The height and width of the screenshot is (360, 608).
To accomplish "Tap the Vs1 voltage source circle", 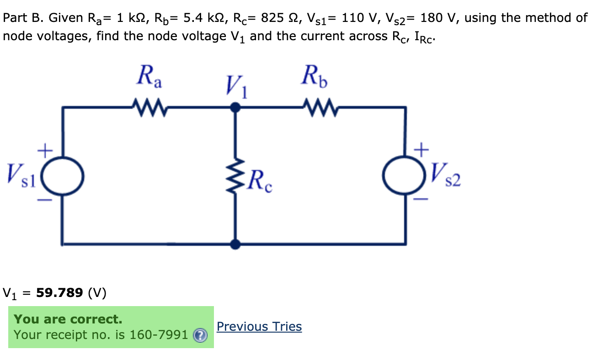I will click(x=63, y=175).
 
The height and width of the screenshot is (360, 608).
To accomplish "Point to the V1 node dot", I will click(x=235, y=108).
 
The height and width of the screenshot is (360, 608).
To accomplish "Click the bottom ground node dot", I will click(x=235, y=244).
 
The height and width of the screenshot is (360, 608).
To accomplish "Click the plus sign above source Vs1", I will click(x=45, y=149).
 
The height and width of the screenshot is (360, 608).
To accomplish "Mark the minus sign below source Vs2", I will click(x=421, y=200).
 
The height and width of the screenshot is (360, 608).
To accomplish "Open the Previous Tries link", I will click(x=259, y=327).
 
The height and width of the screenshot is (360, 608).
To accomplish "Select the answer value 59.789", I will click(x=59, y=292).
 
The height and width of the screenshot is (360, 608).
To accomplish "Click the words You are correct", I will click(x=68, y=319).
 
